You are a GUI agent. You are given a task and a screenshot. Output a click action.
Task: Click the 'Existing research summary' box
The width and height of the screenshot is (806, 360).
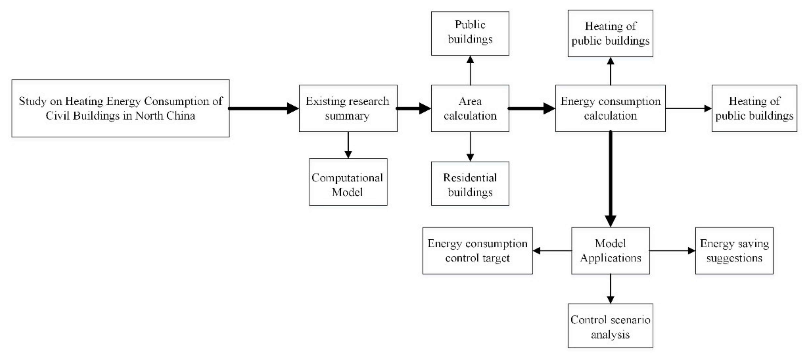point(348,108)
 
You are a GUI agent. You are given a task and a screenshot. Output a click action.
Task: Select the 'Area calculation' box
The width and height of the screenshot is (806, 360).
point(470,108)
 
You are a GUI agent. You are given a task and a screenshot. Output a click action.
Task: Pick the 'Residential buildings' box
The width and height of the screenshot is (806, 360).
point(470,184)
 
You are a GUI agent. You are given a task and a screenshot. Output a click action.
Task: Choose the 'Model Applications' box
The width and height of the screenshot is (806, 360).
point(610,251)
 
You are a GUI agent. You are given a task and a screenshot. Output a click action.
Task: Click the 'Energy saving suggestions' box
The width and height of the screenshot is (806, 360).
point(734,251)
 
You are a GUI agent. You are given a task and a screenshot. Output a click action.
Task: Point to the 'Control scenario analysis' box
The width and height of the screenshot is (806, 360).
point(610,325)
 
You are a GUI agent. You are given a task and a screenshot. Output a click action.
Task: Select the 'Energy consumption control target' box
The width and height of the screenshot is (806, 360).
point(478,251)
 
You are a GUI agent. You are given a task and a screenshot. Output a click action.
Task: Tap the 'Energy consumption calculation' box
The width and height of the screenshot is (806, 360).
point(610,108)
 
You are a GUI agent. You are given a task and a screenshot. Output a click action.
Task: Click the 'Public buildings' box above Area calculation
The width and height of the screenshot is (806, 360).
point(470,33)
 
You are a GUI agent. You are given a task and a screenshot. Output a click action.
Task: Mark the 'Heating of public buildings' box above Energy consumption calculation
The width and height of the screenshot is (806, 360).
point(610,33)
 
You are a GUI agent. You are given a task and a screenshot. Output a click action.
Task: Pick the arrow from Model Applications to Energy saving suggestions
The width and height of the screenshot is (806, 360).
point(672,251)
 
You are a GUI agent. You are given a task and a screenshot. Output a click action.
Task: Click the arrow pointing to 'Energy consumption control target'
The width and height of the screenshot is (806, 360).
point(552,251)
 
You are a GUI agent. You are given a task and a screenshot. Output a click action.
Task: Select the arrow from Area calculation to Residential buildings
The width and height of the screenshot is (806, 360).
point(470,146)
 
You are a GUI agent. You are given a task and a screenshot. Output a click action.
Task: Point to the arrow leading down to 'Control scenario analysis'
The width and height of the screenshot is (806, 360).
point(610,289)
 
